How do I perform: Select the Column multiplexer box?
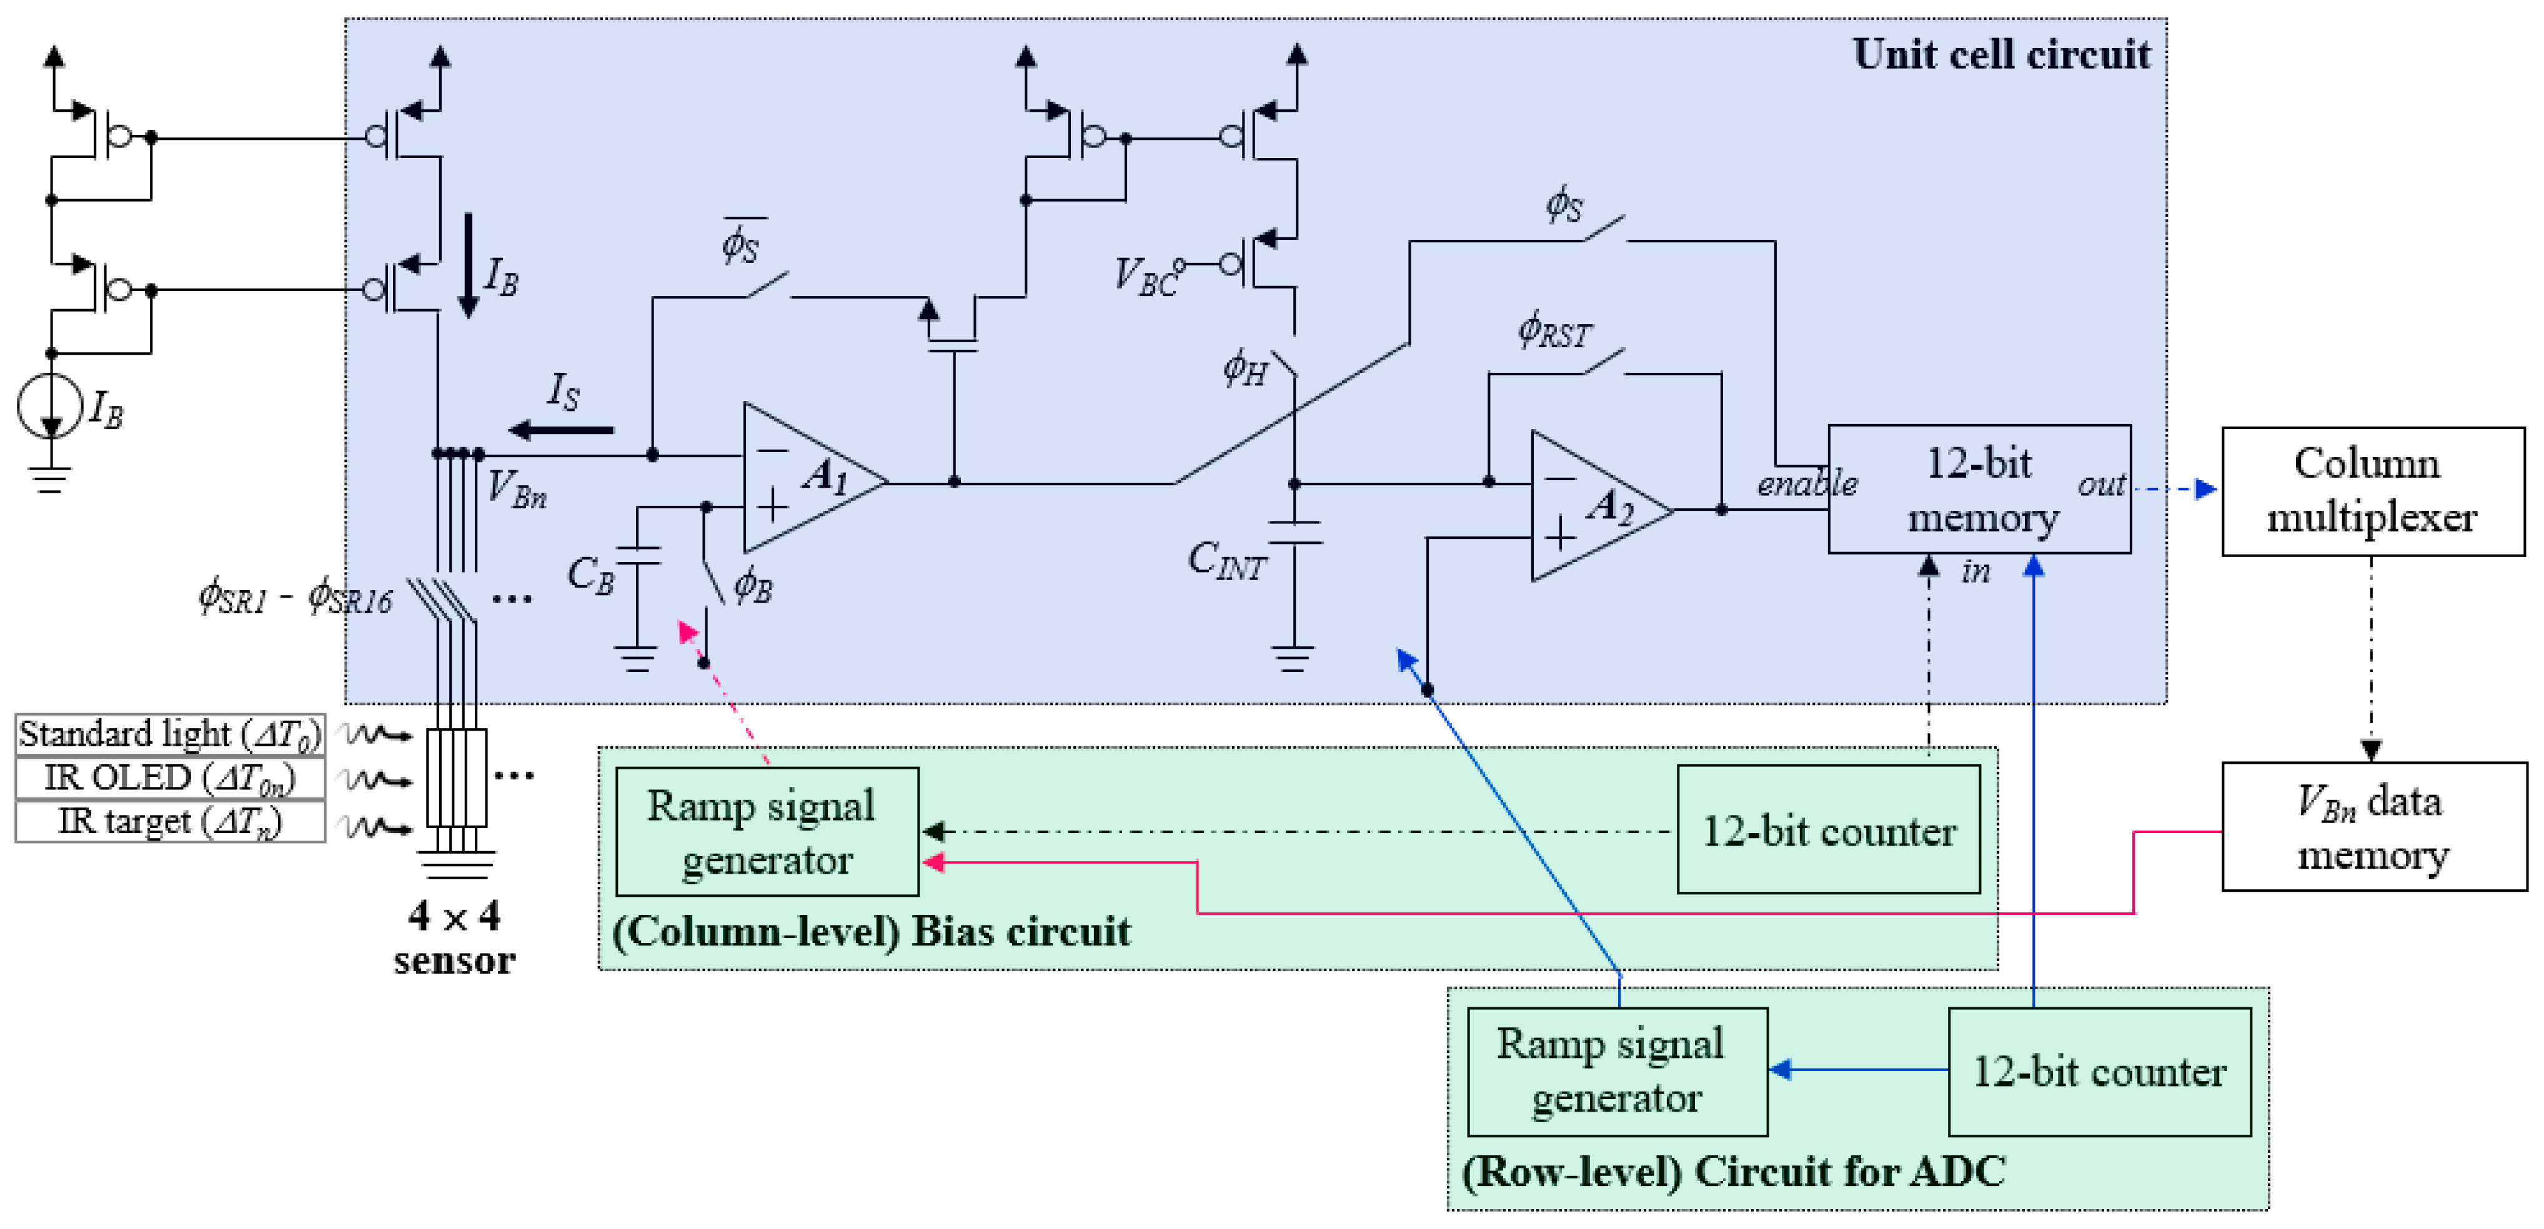(x=2372, y=491)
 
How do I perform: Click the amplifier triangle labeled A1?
(x=805, y=479)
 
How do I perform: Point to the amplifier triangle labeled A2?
(x=1592, y=506)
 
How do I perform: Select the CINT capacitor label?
(x=1226, y=561)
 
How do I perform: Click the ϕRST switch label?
(x=1554, y=331)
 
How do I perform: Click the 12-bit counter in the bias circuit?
(x=1828, y=830)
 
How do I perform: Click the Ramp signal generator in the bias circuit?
(x=767, y=832)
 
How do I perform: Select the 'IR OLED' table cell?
(x=170, y=779)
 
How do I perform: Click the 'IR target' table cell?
(x=170, y=821)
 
